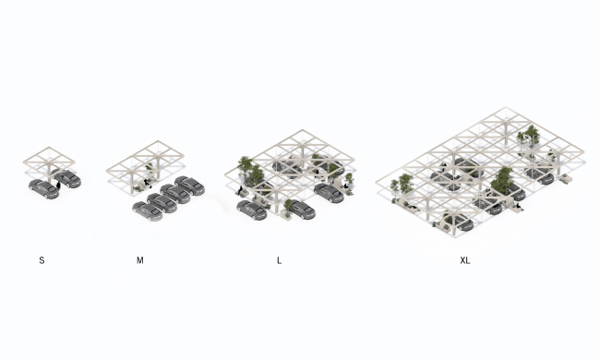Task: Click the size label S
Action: pos(42,260)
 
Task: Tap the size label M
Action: pos(139,260)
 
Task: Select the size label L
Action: pos(279,260)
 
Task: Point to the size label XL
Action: pos(465,260)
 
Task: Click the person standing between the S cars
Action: pos(58,186)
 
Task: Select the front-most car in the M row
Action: pos(148,211)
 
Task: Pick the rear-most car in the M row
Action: pos(189,186)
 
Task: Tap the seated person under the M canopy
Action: pos(147,184)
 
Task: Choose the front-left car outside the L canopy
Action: pos(251,210)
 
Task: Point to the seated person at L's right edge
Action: pos(345,186)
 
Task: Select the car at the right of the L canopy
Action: pos(329,193)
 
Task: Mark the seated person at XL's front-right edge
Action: pos(519,207)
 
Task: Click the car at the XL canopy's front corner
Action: pos(458,222)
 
